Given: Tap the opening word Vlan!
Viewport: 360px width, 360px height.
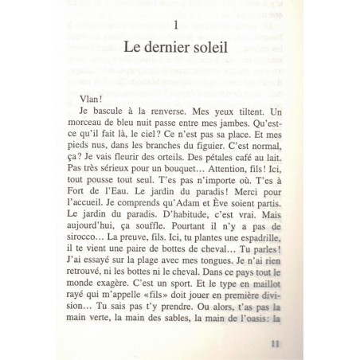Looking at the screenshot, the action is [x=105, y=93].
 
